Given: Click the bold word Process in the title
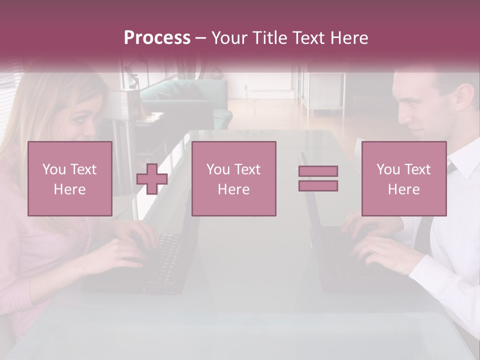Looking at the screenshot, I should pos(157,38).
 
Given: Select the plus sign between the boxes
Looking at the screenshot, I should pos(152,178).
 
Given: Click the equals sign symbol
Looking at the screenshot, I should pos(318,178).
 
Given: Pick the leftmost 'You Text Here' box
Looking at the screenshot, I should pos(69,178).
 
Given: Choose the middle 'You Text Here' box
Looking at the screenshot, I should pos(233,178).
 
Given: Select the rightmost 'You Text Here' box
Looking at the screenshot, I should pos(403,178).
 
